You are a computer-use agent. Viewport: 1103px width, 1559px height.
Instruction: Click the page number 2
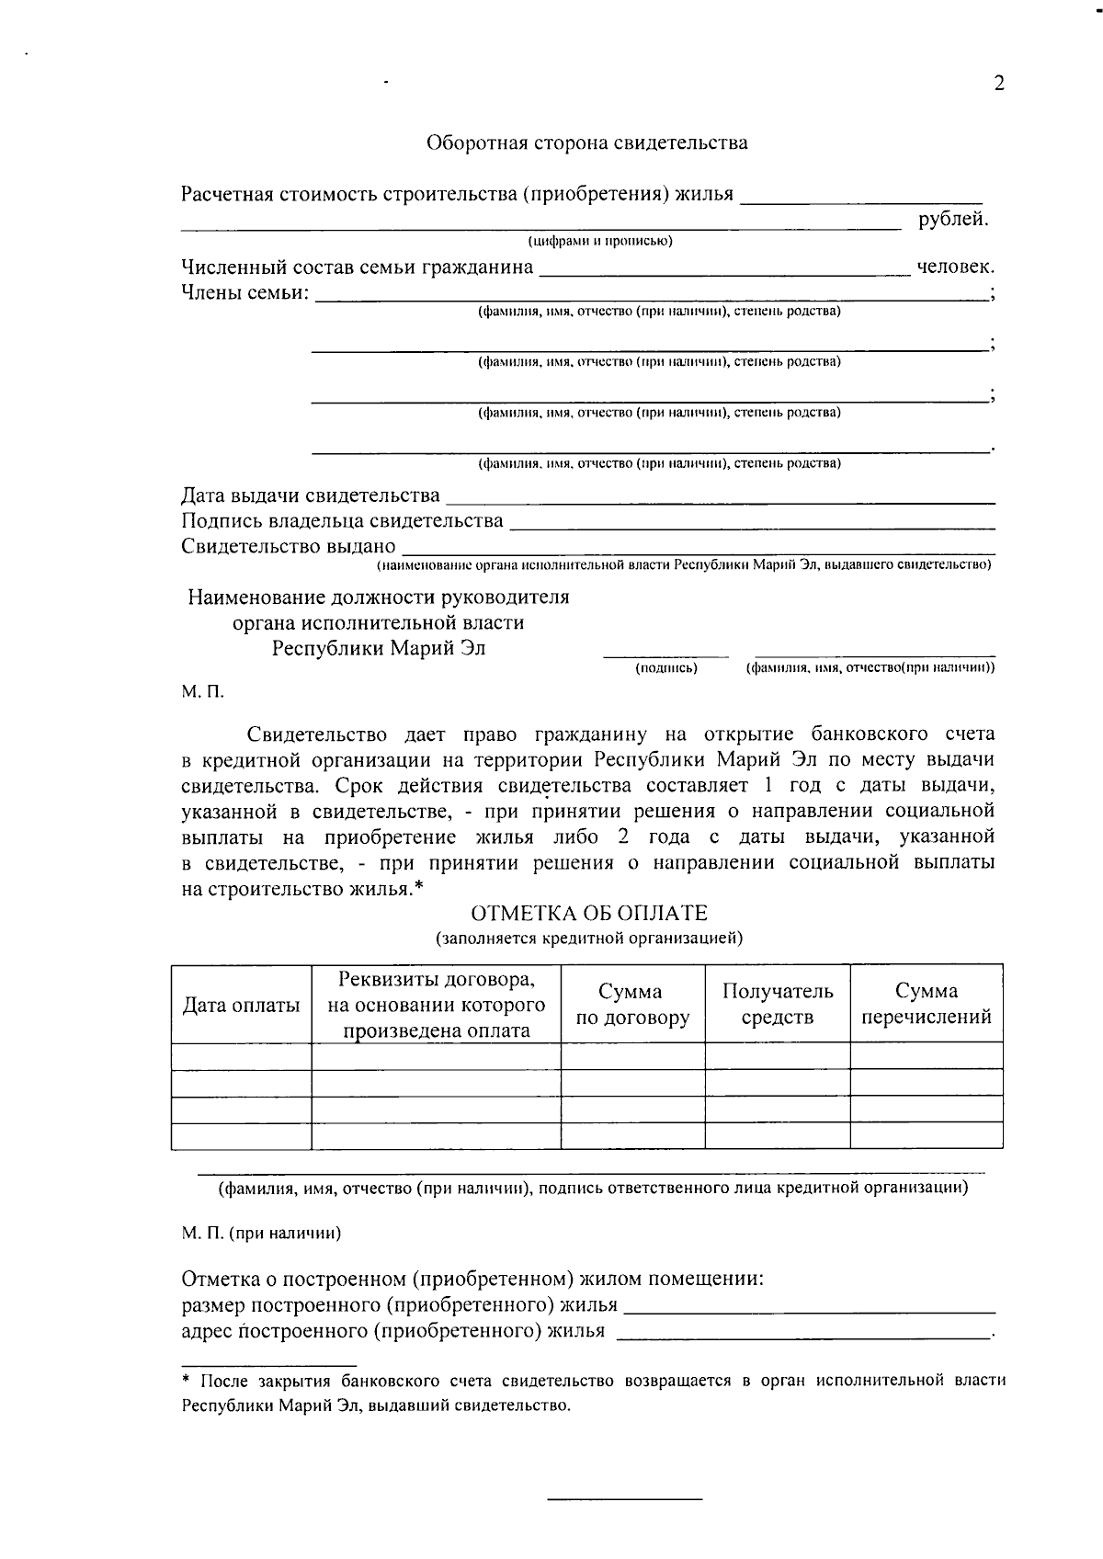999,84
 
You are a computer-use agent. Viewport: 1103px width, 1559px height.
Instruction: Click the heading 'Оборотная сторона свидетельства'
586,142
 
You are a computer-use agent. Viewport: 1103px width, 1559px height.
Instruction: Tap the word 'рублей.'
953,219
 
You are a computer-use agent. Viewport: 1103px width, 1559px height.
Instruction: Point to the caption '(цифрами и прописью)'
599,242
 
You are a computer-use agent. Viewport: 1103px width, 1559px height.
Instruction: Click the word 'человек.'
955,267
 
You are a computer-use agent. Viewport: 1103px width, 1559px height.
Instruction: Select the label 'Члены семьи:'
244,293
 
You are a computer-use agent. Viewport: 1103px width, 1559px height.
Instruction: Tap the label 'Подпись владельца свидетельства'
342,521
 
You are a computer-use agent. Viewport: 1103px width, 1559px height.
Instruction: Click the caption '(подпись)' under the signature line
666,668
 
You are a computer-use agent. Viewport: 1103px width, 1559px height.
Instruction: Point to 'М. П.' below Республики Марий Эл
201,690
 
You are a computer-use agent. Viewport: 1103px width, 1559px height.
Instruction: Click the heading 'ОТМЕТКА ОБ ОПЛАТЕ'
589,913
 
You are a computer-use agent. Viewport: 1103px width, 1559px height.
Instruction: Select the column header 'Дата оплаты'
241,1005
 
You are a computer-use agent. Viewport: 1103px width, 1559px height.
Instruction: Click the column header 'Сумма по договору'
632,1005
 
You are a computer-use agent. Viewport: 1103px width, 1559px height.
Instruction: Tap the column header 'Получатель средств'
778,1004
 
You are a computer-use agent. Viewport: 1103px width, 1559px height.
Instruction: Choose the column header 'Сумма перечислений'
927,1004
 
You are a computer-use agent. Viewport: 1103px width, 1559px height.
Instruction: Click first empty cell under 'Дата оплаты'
241,1055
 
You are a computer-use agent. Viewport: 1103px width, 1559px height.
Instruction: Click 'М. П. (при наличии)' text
261,1234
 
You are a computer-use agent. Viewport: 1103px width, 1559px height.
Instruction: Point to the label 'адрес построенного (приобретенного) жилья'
393,1330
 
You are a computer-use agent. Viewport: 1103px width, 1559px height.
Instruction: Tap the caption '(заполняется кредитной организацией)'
589,939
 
